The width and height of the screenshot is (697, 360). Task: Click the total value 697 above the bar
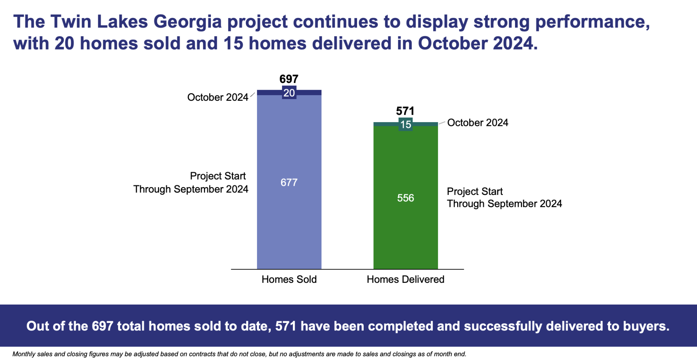coord(289,79)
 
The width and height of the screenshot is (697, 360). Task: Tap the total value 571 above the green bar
coord(405,111)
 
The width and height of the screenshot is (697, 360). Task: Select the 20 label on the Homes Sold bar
coord(289,93)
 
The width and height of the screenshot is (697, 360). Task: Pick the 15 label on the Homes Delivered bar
coord(406,125)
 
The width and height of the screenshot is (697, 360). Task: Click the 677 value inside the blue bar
coord(289,182)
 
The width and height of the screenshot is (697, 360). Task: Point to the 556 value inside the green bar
coord(406,198)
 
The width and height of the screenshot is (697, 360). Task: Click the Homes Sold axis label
coord(289,279)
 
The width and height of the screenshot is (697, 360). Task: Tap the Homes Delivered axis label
coord(406,279)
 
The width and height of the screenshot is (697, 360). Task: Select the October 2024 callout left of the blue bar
coord(218,97)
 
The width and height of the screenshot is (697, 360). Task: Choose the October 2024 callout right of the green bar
coord(478,123)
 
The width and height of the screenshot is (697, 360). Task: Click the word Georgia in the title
coord(188,22)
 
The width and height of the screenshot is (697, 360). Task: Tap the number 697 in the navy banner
coord(103,326)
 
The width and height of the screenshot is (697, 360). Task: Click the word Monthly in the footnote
coord(23,354)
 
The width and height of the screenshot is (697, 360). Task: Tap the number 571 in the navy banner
coord(286,326)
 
